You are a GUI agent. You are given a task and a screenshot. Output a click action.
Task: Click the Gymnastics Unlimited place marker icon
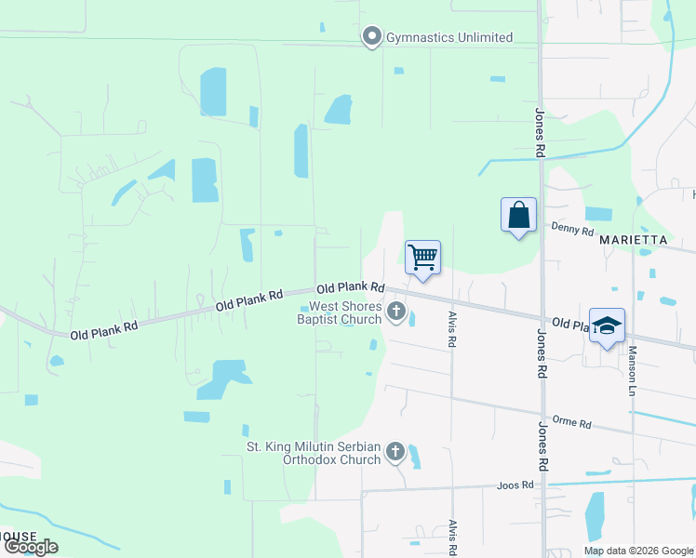372,37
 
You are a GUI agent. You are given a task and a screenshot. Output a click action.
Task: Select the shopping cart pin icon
422,258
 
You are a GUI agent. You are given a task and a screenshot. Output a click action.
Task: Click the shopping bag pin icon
518,216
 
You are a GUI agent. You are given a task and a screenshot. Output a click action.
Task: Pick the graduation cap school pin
607,326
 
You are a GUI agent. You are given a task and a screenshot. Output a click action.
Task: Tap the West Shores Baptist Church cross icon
396,312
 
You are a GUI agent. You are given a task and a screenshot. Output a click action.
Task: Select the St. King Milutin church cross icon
395,453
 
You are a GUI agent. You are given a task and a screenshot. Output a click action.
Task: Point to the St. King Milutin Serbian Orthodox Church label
314,453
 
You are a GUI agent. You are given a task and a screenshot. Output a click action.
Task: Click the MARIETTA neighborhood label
634,239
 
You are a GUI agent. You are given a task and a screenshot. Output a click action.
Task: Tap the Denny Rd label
571,229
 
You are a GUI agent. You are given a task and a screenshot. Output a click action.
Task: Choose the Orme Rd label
572,423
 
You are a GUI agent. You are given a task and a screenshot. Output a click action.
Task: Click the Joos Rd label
515,485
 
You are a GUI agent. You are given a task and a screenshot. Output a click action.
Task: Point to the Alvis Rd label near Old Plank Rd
451,328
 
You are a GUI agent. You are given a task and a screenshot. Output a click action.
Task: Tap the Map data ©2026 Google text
637,551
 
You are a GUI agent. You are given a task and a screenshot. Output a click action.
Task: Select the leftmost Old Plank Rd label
103,328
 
